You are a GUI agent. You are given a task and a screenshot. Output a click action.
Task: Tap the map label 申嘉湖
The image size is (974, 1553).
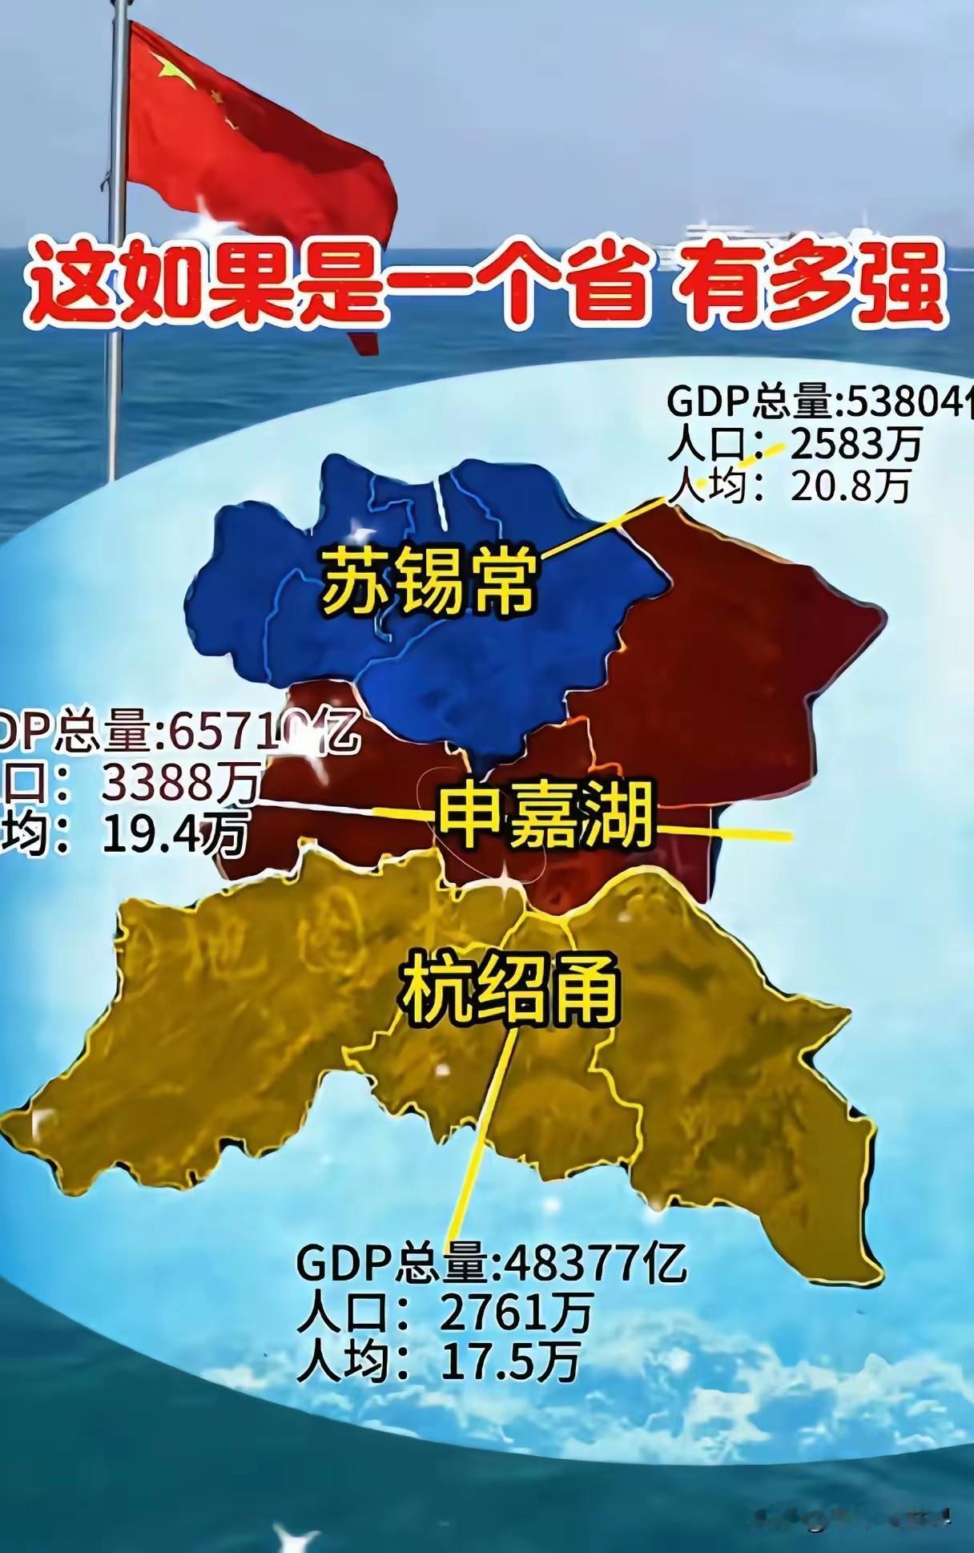544,817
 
